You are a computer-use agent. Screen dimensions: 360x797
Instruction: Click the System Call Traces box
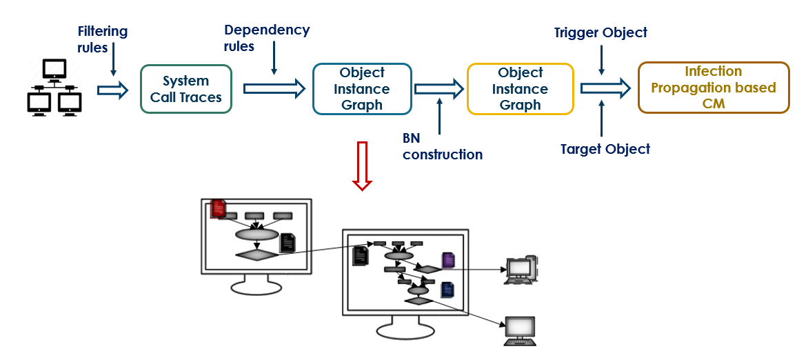point(186,89)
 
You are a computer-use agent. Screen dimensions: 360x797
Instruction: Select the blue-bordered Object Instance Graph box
point(362,89)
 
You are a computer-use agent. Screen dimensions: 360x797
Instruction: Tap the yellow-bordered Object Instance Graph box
point(521,89)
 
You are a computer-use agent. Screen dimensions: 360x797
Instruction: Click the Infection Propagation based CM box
point(714,88)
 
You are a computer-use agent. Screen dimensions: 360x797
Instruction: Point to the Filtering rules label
point(102,39)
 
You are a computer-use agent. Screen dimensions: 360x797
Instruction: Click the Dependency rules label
point(267,38)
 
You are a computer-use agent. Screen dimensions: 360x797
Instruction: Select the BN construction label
point(443,146)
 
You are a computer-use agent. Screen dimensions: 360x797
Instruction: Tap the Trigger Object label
point(601,32)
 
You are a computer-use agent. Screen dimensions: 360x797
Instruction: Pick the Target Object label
point(605,148)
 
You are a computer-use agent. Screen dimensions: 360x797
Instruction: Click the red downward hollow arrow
point(362,166)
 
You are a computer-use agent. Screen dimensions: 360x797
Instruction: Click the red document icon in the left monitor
point(218,208)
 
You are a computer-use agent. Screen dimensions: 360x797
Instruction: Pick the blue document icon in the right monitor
point(447,290)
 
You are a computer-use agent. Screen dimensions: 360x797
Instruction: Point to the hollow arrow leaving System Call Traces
point(274,88)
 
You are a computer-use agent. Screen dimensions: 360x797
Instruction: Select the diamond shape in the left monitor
point(256,254)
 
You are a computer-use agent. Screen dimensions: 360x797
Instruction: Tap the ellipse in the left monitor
point(256,234)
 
